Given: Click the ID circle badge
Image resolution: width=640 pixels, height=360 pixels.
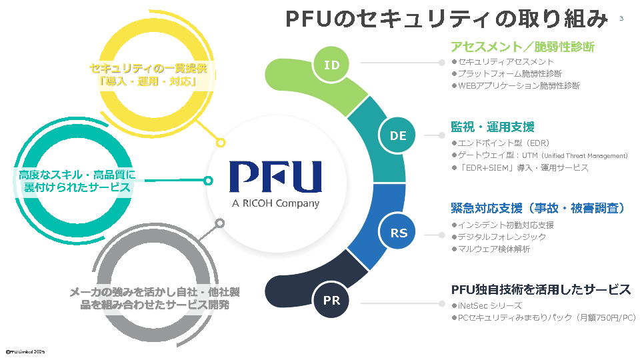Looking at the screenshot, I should pyautogui.click(x=332, y=65).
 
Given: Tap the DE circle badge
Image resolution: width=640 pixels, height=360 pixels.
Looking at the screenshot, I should pyautogui.click(x=398, y=135).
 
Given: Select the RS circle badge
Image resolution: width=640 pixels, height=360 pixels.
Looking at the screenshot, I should pyautogui.click(x=399, y=233).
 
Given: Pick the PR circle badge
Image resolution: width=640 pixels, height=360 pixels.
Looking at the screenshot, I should pyautogui.click(x=332, y=300).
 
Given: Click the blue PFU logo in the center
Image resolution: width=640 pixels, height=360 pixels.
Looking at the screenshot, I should pyautogui.click(x=275, y=177).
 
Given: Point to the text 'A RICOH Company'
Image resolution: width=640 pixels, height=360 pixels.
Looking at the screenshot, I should pyautogui.click(x=275, y=203).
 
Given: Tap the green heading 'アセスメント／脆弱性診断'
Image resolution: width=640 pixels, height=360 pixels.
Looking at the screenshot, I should pyautogui.click(x=523, y=47).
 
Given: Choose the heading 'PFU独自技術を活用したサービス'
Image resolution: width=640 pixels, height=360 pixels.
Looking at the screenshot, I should pyautogui.click(x=541, y=290).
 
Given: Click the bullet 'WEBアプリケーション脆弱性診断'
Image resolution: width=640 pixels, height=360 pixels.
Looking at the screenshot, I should pyautogui.click(x=519, y=86).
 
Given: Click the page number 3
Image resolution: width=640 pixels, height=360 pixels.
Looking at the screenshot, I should pyautogui.click(x=621, y=18).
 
